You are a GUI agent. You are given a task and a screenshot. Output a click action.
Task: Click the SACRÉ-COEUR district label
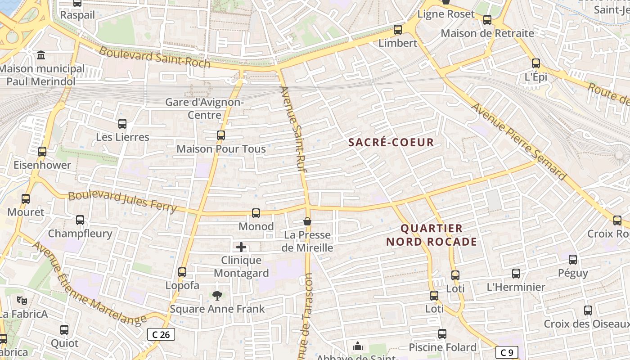391,143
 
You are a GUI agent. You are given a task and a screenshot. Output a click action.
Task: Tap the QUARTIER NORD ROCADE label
432,235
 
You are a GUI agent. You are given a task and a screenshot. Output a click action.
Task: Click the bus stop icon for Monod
256,213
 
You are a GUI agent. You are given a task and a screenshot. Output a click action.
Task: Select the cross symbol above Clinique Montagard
241,247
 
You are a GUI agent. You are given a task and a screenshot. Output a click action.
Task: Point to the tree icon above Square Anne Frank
217,295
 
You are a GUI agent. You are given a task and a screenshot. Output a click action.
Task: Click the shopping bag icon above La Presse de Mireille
307,221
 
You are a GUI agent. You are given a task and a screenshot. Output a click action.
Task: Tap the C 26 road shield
161,334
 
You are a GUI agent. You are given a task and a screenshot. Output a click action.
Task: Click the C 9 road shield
507,352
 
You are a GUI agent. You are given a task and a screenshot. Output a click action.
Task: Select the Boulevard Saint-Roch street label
154,57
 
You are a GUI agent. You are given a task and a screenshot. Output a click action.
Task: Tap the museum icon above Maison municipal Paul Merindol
41,55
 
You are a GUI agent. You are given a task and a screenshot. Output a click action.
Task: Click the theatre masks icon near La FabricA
21,300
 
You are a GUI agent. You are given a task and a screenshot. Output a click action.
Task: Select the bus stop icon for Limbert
398,30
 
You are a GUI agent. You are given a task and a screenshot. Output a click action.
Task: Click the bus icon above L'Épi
535,63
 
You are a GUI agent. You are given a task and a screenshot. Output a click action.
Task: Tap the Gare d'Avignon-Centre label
205,108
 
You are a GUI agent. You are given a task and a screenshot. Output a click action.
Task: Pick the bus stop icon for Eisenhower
42,152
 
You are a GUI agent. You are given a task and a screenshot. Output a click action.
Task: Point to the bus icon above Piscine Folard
442,333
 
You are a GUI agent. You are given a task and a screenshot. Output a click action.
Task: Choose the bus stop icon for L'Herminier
516,273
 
